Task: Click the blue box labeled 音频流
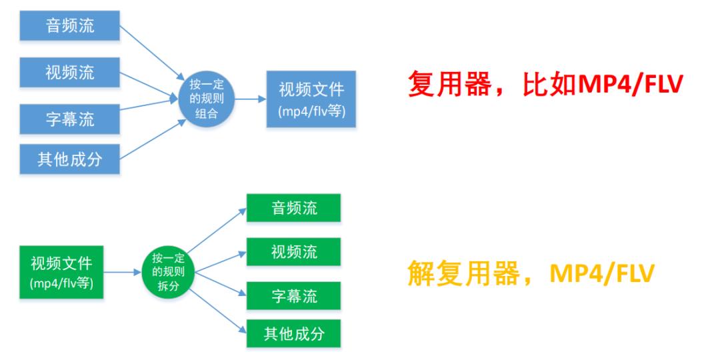click(69, 26)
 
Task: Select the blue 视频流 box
click(69, 72)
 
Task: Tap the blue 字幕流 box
click(69, 118)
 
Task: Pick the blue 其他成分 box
click(69, 160)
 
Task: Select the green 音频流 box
click(294, 208)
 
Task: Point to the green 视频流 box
click(294, 252)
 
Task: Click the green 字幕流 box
click(294, 296)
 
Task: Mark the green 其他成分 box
click(294, 333)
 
